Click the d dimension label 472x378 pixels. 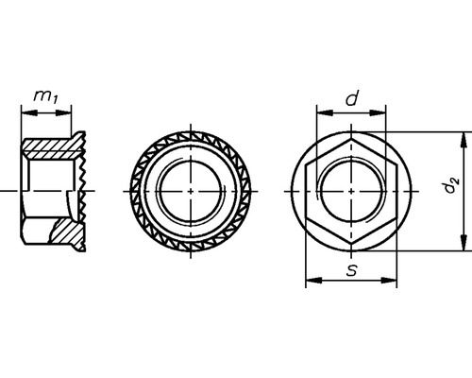pos(351,97)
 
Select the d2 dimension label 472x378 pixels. pos(451,191)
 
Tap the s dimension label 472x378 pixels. pos(351,270)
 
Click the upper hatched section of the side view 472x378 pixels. pos(52,148)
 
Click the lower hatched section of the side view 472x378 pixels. pos(64,230)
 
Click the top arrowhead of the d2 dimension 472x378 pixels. pos(464,137)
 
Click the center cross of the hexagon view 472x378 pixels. pos(350,191)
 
